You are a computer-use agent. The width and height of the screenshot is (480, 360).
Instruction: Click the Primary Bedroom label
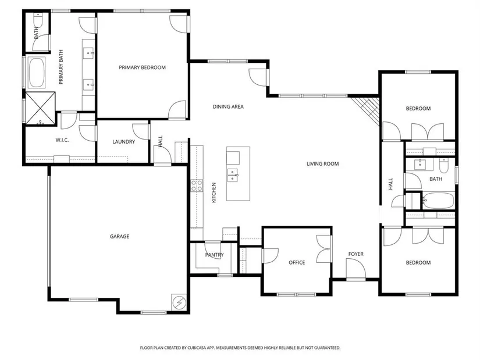click(x=142, y=67)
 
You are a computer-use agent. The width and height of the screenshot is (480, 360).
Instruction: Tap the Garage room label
click(x=119, y=236)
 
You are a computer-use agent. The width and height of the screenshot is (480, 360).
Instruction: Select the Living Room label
click(x=323, y=164)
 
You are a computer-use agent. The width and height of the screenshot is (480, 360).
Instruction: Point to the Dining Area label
click(x=228, y=106)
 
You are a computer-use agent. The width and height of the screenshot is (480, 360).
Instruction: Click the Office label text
click(x=297, y=262)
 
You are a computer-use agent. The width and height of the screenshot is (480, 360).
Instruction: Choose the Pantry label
click(x=214, y=255)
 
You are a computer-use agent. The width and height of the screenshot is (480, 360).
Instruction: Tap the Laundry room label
click(x=123, y=142)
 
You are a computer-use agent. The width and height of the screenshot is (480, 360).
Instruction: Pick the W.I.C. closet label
click(x=62, y=140)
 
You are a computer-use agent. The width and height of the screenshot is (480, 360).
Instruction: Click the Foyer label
click(x=355, y=254)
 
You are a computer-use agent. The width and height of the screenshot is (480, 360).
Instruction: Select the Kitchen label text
click(x=214, y=193)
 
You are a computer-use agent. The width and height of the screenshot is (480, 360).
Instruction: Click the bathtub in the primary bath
click(x=37, y=73)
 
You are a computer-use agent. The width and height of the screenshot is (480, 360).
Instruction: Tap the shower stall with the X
click(x=40, y=108)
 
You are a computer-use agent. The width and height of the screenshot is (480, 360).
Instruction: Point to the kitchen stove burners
click(x=197, y=186)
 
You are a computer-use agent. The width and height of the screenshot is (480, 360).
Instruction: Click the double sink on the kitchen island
click(x=233, y=175)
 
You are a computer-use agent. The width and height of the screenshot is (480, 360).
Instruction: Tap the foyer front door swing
click(x=355, y=269)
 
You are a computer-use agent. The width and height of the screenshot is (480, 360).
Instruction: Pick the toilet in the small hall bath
click(x=443, y=165)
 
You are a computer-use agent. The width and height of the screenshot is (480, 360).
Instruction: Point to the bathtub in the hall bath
click(x=438, y=201)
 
